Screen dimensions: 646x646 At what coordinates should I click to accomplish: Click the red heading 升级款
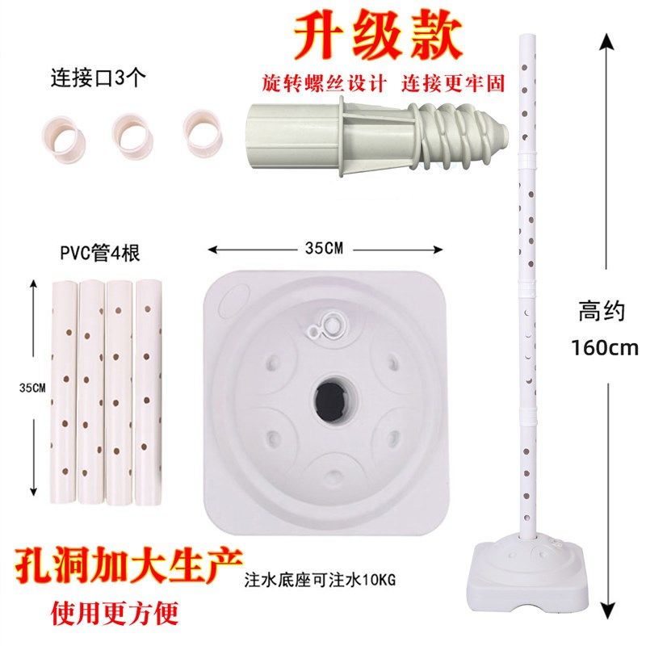click(x=377, y=36)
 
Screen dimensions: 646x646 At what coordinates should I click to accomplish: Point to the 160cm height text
click(x=605, y=349)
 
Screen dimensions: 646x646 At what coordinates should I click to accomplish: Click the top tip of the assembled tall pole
click(x=529, y=36)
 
